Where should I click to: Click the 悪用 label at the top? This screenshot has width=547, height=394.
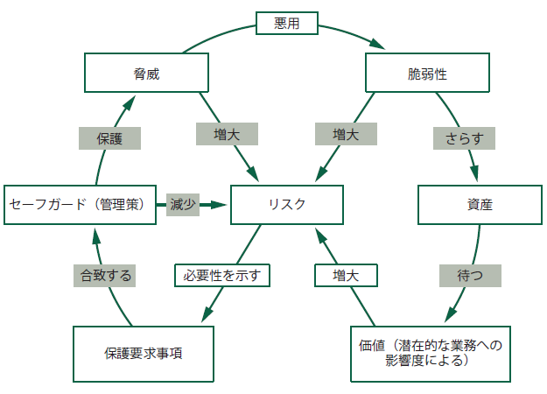tap(286, 23)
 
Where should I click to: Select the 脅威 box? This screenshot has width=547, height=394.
tap(146, 74)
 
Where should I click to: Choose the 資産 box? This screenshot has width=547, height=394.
tap(480, 205)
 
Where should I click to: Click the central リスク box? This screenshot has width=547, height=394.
tap(286, 205)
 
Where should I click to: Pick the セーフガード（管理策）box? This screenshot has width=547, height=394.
tap(81, 205)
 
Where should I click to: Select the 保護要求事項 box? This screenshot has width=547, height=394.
tap(144, 354)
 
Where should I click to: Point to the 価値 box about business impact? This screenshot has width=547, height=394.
tap(428, 354)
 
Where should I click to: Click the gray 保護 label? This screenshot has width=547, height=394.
tap(110, 138)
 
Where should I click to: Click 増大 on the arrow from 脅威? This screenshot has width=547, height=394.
tap(227, 134)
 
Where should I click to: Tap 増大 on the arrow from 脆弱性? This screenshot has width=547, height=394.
tap(345, 134)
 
